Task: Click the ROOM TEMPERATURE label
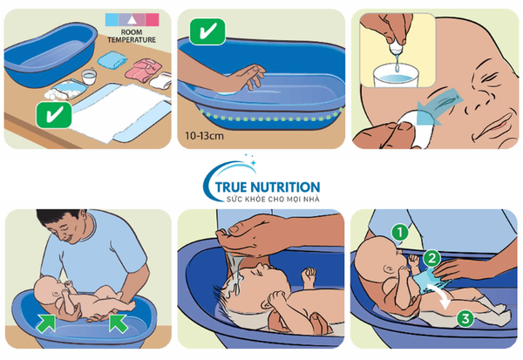[132, 36]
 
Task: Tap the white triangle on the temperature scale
[132, 20]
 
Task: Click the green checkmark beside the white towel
[54, 115]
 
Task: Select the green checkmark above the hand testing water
[207, 31]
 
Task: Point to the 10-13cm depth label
[204, 136]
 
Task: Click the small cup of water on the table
[89, 77]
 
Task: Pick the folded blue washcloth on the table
[112, 59]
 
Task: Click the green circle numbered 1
[400, 233]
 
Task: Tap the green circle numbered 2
[432, 259]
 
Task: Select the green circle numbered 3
[465, 318]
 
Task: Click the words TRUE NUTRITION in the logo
[268, 187]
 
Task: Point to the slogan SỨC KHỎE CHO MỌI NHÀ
[273, 200]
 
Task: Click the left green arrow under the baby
[45, 323]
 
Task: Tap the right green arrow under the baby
[118, 323]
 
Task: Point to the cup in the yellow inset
[395, 76]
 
